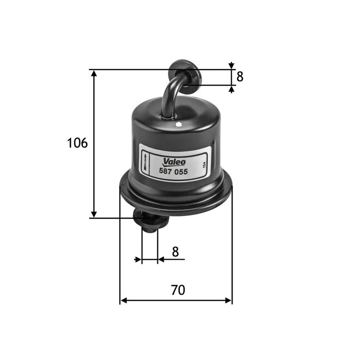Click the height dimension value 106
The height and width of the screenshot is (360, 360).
pyautogui.click(x=77, y=143)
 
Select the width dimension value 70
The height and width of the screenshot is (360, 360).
pyautogui.click(x=178, y=290)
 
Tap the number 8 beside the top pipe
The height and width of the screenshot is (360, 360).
pyautogui.click(x=240, y=77)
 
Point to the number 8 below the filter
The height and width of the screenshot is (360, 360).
pyautogui.click(x=175, y=252)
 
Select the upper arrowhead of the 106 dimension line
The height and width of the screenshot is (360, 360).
pyautogui.click(x=94, y=73)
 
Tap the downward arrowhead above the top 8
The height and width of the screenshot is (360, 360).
pyautogui.click(x=231, y=66)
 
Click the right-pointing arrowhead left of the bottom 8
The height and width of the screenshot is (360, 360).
pyautogui.click(x=138, y=260)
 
